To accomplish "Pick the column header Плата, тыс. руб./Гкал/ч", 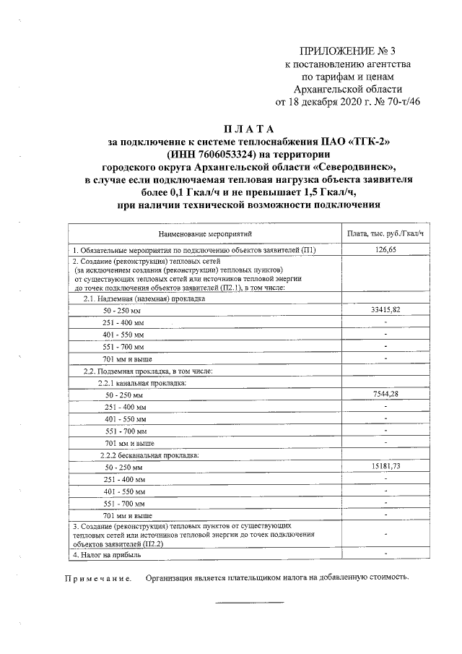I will tap(386, 234).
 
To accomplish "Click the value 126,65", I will tap(386, 249).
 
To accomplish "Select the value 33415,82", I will tap(386, 310).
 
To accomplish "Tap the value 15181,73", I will tap(386, 467).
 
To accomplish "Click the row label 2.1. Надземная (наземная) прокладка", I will tap(144, 298).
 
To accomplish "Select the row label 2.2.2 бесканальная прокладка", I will tap(149, 455).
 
